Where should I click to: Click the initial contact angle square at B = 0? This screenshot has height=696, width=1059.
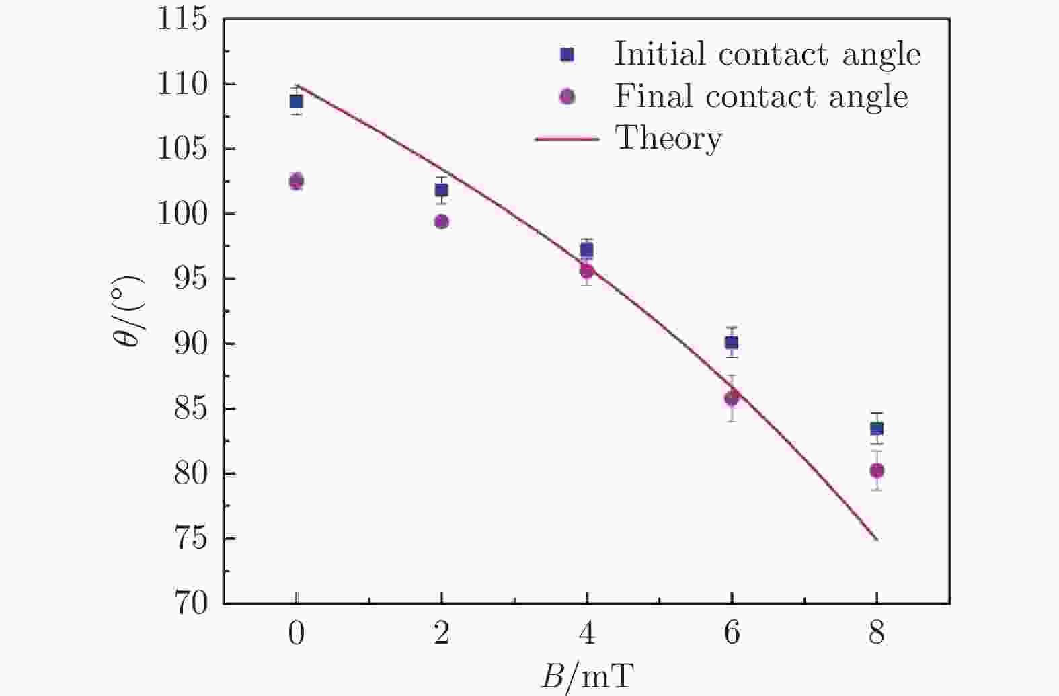tap(296, 102)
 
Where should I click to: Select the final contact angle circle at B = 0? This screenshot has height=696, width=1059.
tap(297, 181)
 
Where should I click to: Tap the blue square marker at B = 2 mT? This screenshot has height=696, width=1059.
tap(441, 190)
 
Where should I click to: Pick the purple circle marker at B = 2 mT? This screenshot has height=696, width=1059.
tap(442, 221)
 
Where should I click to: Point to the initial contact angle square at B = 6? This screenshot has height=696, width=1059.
tap(732, 342)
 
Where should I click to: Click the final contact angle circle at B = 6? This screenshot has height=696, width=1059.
tap(732, 398)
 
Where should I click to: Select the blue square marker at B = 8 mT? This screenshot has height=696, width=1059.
tap(877, 428)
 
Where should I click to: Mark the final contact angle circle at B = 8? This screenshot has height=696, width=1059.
tap(877, 470)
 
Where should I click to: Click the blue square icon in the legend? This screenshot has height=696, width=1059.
tap(567, 54)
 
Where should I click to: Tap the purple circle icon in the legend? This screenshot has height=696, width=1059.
tap(567, 97)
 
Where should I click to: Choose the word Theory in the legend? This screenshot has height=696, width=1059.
tap(668, 139)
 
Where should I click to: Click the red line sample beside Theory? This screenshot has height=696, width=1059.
tap(567, 139)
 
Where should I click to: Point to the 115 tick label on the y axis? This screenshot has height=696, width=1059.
tap(182, 20)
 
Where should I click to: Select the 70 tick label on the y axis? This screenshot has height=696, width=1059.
tap(190, 603)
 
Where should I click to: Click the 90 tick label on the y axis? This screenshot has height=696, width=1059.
tap(190, 344)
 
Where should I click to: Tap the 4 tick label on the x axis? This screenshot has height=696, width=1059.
tap(587, 633)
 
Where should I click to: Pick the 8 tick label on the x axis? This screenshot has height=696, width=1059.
tap(877, 633)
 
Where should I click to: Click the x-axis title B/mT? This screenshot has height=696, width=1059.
tap(587, 676)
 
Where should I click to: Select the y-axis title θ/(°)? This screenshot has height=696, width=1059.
tap(129, 311)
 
